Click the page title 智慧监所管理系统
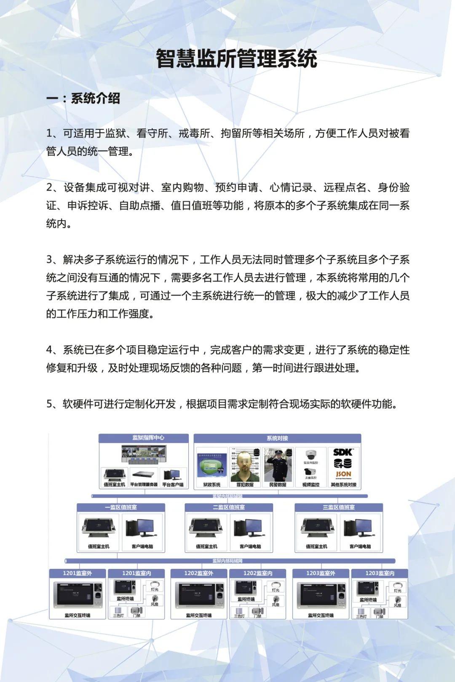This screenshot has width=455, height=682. [x=236, y=59]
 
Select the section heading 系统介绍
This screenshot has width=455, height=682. [x=95, y=99]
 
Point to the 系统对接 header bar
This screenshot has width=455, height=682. [x=277, y=438]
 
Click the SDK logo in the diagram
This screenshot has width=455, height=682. [x=343, y=452]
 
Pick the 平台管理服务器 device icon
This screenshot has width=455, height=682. [x=143, y=474]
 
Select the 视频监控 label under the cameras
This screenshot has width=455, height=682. [x=311, y=485]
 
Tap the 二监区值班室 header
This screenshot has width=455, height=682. [x=229, y=507]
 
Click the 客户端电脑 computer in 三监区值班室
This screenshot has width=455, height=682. [x=360, y=528]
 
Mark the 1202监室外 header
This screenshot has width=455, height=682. [x=198, y=573]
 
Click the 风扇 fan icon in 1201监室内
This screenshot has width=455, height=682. [x=155, y=599]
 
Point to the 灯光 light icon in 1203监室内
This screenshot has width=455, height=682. [x=397, y=585]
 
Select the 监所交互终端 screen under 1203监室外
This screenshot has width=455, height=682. [x=321, y=594]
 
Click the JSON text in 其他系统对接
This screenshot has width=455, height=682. [x=343, y=474]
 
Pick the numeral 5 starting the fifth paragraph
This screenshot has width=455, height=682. [x=49, y=404]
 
